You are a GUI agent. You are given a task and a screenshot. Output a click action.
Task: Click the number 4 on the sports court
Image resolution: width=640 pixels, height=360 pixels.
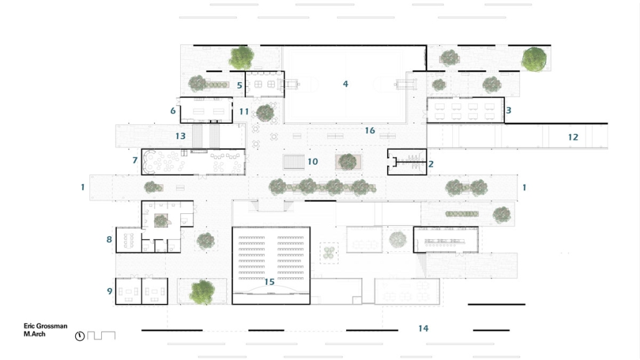[x=345, y=84]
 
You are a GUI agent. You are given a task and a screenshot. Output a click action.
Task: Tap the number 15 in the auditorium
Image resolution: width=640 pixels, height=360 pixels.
[x=269, y=282]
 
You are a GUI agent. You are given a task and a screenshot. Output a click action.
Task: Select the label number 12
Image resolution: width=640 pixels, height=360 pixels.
[x=573, y=137]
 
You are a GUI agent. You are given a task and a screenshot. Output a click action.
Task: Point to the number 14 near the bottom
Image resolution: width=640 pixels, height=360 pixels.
[x=423, y=328]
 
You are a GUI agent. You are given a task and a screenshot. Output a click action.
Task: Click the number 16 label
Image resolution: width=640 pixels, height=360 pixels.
[x=370, y=131]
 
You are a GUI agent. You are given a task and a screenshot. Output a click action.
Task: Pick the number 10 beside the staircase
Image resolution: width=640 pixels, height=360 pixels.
[x=313, y=162]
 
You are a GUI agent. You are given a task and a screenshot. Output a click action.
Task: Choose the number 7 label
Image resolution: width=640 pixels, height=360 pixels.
[x=135, y=160]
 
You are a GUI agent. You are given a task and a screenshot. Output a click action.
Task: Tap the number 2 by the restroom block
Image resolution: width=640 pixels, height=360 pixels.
[x=431, y=164]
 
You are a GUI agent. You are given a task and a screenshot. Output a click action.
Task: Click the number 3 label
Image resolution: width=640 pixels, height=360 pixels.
[x=508, y=110]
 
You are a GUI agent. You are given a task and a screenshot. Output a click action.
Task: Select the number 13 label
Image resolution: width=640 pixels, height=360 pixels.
[x=180, y=136]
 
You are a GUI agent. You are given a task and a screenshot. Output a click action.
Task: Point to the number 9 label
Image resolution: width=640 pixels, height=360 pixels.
[x=109, y=291]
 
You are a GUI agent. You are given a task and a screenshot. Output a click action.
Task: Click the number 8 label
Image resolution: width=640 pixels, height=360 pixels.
[x=109, y=239]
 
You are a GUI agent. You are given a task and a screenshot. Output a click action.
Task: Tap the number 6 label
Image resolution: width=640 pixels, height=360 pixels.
[x=173, y=111]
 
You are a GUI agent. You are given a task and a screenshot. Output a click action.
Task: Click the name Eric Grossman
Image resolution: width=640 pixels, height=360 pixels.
[x=45, y=326]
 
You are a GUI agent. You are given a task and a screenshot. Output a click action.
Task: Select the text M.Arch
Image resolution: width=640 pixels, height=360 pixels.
[x=34, y=334]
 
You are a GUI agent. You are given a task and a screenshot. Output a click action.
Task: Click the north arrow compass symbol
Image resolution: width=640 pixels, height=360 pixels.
[x=80, y=336]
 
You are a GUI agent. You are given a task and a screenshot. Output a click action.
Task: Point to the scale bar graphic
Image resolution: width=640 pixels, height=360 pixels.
[x=101, y=336]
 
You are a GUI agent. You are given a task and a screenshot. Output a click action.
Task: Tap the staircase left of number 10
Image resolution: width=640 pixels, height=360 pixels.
[x=294, y=162]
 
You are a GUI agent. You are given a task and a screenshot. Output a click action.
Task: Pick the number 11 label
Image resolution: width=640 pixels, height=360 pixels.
[x=244, y=111]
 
